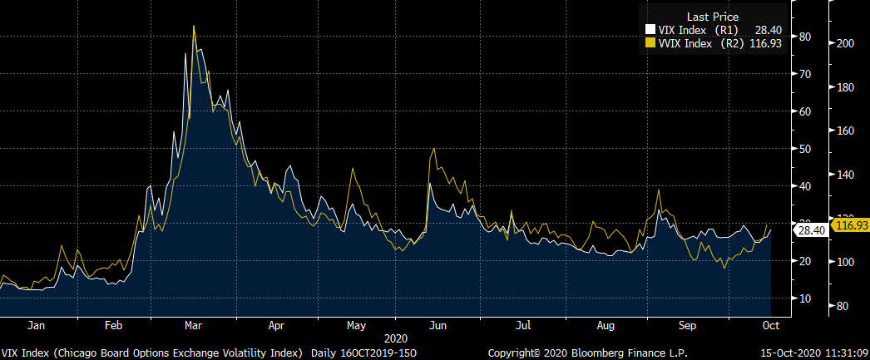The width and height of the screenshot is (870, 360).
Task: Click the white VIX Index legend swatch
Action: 651,31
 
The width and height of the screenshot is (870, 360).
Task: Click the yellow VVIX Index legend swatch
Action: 651,44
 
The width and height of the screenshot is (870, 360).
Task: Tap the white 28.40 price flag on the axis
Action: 810,229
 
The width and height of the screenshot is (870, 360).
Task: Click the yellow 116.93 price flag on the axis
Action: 850,225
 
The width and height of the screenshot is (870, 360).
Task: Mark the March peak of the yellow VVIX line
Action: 194,26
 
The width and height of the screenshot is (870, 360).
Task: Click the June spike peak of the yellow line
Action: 433,150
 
